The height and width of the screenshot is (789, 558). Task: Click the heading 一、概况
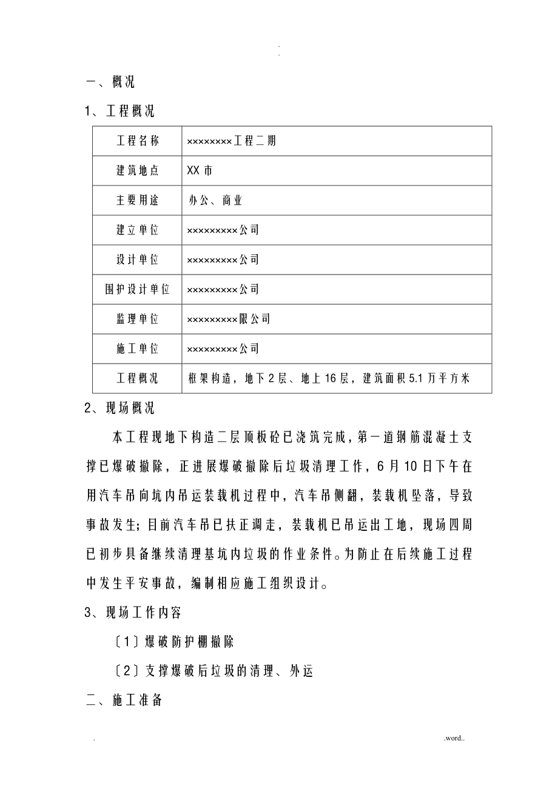[x=110, y=82]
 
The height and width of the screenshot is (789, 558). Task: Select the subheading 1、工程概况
[x=119, y=112]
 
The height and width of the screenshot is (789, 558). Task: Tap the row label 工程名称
[x=138, y=141]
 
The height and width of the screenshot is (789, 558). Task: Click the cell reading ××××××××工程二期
[x=232, y=141]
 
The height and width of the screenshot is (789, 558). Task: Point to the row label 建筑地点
[x=138, y=171]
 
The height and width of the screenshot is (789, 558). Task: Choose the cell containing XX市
[x=200, y=171]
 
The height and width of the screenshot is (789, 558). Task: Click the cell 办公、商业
[x=215, y=201]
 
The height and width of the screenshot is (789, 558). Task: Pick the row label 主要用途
[x=138, y=201]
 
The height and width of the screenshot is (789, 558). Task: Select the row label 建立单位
[x=138, y=230]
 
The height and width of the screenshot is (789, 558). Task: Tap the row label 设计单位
[x=138, y=260]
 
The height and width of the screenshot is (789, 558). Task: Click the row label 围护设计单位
[x=138, y=290]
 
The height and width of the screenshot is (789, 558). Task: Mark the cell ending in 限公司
[x=229, y=319]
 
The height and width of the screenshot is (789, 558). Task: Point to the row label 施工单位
[x=138, y=349]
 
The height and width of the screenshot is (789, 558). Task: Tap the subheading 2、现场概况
[x=119, y=408]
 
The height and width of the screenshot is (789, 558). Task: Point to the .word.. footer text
[x=454, y=738]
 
